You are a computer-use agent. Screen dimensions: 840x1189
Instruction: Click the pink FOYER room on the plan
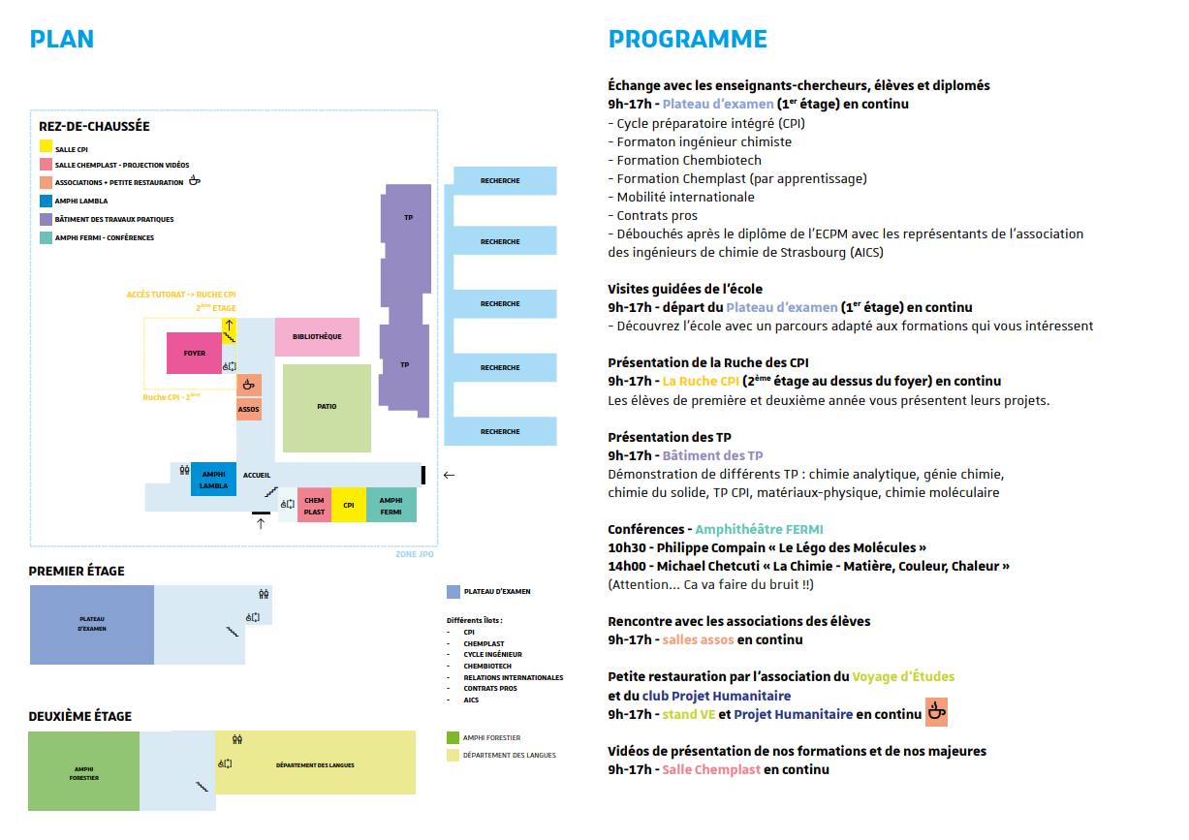(x=195, y=353)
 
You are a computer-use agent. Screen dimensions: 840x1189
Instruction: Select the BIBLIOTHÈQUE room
(x=317, y=336)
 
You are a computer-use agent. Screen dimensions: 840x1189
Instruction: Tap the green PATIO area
(x=327, y=407)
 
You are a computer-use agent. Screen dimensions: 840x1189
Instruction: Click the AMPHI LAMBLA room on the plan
(x=213, y=480)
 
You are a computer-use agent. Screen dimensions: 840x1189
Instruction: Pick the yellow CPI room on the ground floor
(x=348, y=505)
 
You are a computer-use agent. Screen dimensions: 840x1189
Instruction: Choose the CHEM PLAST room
(x=314, y=505)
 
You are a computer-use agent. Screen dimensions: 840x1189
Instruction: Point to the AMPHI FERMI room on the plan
(x=391, y=505)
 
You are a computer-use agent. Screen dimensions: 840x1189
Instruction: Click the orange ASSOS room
(x=249, y=409)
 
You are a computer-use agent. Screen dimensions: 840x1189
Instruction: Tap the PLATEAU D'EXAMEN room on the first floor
(x=92, y=624)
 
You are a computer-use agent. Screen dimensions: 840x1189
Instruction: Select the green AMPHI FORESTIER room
(x=84, y=772)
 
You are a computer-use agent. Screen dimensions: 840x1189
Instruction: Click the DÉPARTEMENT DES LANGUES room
(x=315, y=764)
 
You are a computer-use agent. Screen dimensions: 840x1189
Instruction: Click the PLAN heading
(x=62, y=40)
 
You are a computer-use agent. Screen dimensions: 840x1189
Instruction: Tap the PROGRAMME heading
(x=687, y=40)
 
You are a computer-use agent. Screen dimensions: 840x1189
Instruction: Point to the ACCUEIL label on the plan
(x=257, y=475)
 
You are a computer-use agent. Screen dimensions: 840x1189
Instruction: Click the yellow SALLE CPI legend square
(x=46, y=147)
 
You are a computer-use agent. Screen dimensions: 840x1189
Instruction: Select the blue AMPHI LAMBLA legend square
(x=46, y=202)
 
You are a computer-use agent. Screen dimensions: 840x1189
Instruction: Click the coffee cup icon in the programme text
(x=936, y=712)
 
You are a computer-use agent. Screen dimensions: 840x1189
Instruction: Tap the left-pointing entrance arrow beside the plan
(x=448, y=475)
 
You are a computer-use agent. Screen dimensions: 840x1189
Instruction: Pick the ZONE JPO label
(x=414, y=553)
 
